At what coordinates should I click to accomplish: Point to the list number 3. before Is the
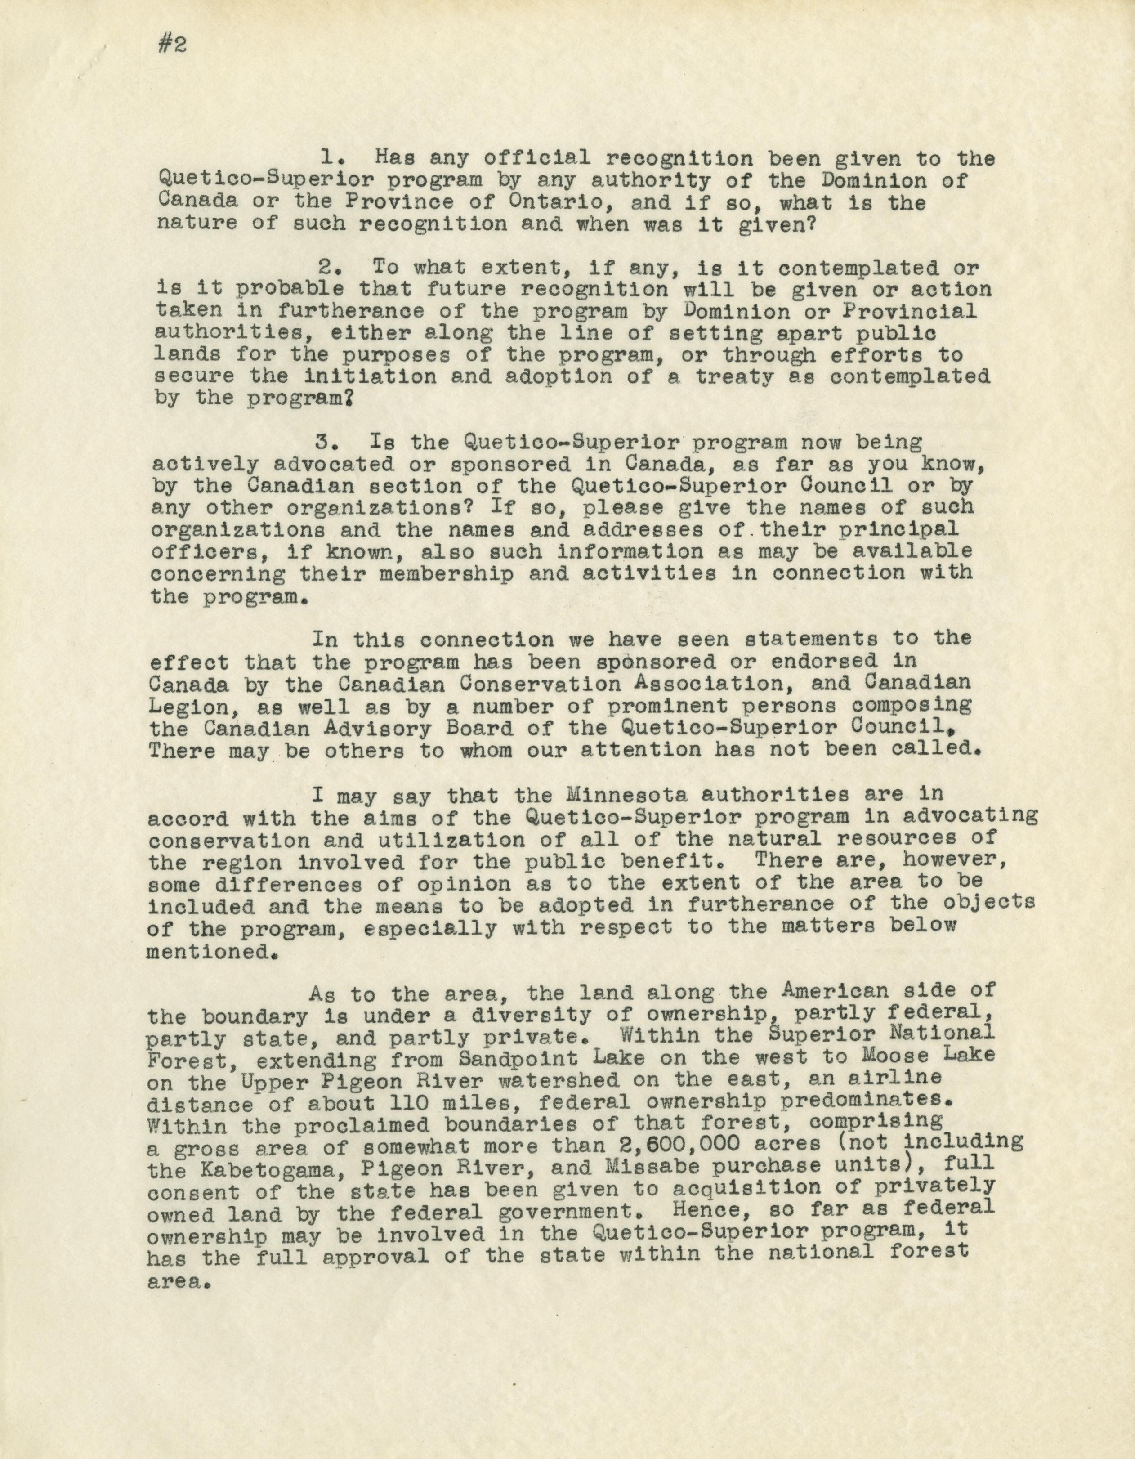click(329, 442)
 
